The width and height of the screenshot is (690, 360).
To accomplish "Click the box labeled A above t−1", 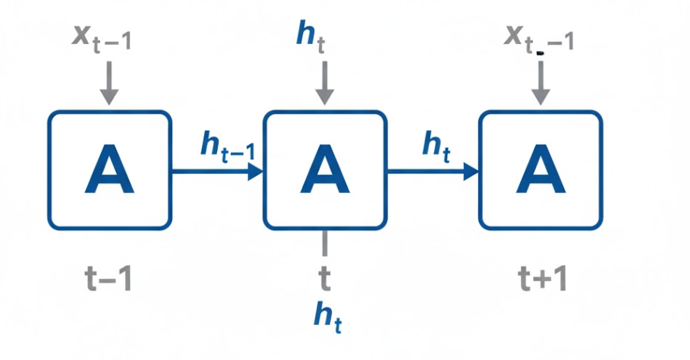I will point(110,170).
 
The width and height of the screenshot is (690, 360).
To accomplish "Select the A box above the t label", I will point(325,170).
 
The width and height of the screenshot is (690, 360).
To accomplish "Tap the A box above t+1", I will point(540,170).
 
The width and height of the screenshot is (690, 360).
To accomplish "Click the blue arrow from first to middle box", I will point(216,171).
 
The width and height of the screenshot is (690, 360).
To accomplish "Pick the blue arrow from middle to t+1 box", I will point(432,171).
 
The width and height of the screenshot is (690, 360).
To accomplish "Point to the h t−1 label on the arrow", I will point(227,146).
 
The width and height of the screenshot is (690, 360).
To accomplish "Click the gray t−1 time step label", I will point(110,280).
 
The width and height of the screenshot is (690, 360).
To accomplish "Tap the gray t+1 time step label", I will point(540,280).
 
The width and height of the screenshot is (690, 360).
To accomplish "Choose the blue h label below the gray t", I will point(327,315).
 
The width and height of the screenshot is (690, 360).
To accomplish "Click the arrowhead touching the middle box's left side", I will point(256,171).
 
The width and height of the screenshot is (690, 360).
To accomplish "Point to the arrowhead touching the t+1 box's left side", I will point(471,171).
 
